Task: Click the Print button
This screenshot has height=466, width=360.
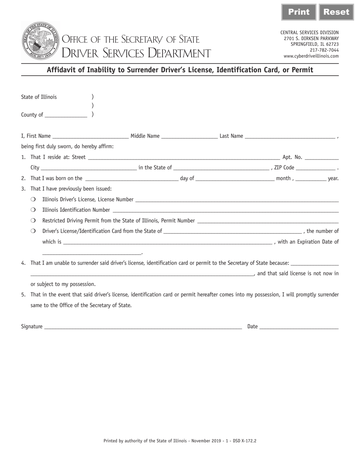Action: pyautogui.click(x=299, y=12)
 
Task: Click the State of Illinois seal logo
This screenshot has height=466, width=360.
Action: pyautogui.click(x=41, y=41)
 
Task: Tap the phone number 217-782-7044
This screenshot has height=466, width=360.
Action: pyautogui.click(x=324, y=50)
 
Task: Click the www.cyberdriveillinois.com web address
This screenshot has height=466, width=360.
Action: pyautogui.click(x=311, y=56)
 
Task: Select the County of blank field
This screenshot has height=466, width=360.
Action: pyautogui.click(x=66, y=115)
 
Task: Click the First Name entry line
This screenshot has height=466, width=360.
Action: pyautogui.click(x=91, y=136)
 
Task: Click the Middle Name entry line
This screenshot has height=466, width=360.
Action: pyautogui.click(x=189, y=136)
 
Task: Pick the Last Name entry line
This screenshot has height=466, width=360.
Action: pyautogui.click(x=290, y=136)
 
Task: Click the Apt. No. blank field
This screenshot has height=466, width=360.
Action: pyautogui.click(x=321, y=158)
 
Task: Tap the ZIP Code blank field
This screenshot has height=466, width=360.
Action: pyautogui.click(x=316, y=168)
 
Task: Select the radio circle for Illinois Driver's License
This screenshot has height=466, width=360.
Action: pyautogui.click(x=33, y=199)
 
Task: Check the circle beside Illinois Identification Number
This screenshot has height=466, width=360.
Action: pyautogui.click(x=33, y=210)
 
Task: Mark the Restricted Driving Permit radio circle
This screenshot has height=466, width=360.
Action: pyautogui.click(x=33, y=220)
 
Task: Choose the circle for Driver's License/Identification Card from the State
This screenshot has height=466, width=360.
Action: pyautogui.click(x=33, y=231)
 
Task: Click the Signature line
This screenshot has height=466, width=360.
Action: pyautogui.click(x=143, y=327)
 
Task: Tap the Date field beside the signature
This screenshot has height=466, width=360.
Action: pyautogui.click(x=299, y=327)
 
